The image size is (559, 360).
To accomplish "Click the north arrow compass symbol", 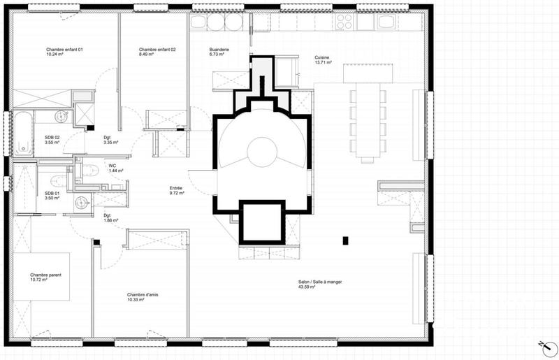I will pyautogui.click(x=543, y=345).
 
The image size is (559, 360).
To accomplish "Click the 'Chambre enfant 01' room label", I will pyautogui.click(x=64, y=50).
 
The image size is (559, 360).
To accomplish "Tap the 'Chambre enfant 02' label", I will pyautogui.click(x=157, y=50).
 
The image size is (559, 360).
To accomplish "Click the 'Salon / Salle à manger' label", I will pyautogui.click(x=319, y=283).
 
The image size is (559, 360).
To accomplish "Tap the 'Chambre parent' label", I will pyautogui.click(x=45, y=275).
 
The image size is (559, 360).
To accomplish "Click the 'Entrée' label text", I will pyautogui.click(x=177, y=188).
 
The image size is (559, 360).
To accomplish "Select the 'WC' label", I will pyautogui.click(x=112, y=165).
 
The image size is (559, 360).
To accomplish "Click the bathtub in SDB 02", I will pyautogui.click(x=24, y=133).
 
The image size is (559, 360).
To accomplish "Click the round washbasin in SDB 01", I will pyautogui.click(x=82, y=202).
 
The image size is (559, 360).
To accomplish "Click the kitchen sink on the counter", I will pyautogui.click(x=263, y=21).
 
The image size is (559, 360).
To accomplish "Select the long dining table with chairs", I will pyautogui.click(x=367, y=120).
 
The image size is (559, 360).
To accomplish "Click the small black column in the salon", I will pyautogui.click(x=345, y=241).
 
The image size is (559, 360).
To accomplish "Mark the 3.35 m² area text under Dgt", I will pyautogui.click(x=110, y=143).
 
